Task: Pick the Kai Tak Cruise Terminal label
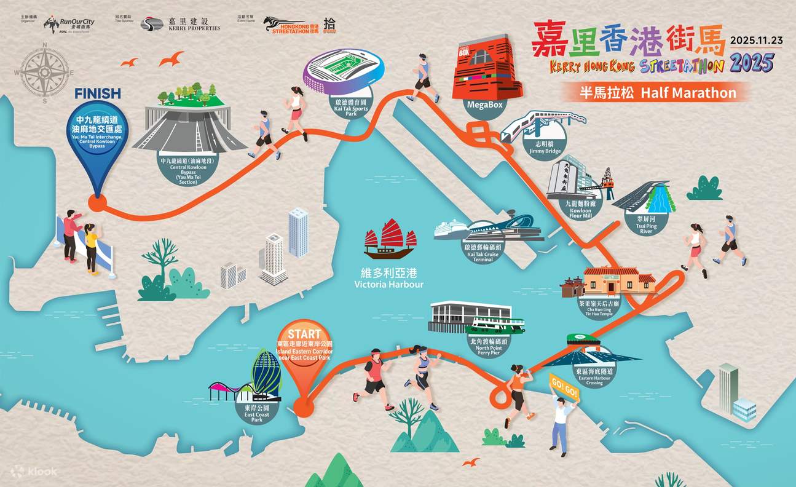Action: click(x=483, y=253)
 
